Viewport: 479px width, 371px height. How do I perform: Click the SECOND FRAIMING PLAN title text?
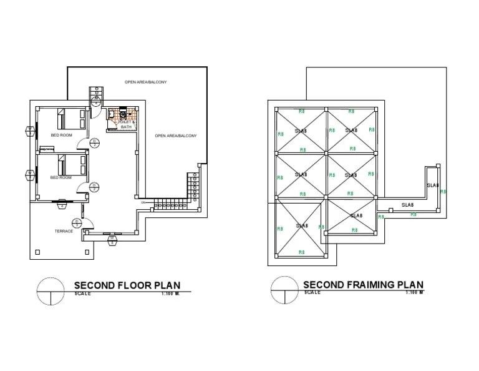(x=363, y=284)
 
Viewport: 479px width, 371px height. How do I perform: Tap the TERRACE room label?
(x=64, y=231)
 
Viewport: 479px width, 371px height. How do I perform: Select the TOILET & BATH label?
(x=127, y=124)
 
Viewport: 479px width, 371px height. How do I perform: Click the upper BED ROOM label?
(x=61, y=135)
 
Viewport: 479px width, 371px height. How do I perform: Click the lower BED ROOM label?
(x=61, y=178)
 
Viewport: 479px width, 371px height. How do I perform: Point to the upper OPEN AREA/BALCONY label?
(x=145, y=82)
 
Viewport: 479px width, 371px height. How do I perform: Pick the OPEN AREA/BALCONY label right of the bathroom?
(x=176, y=136)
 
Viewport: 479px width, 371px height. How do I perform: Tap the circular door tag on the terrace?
(x=75, y=222)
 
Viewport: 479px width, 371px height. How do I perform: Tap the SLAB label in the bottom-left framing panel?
(x=302, y=225)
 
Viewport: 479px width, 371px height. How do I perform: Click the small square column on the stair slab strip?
(x=380, y=215)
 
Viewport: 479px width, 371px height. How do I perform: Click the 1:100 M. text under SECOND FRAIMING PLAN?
(x=414, y=292)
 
